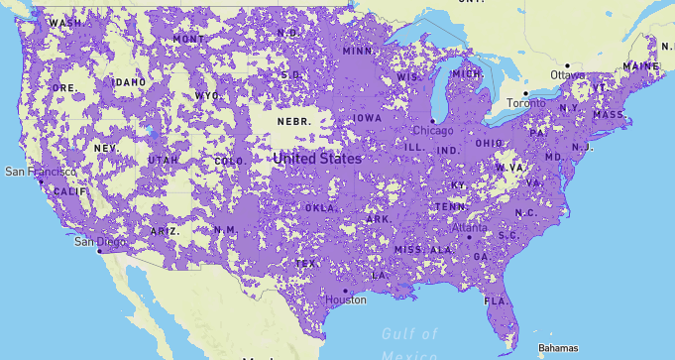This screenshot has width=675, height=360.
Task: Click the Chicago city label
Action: [433, 131]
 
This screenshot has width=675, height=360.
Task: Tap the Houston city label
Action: [346, 300]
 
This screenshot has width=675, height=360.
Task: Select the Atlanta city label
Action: [469, 227]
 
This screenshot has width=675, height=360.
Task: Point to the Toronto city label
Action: [525, 103]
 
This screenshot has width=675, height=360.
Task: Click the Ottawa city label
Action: [568, 75]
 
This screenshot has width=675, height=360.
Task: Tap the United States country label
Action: [317, 159]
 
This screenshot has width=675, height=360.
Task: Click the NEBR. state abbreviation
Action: [293, 121]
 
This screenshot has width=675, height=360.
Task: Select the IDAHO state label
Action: [130, 82]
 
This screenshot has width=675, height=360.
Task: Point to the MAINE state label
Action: [640, 66]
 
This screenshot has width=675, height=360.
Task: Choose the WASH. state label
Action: [65, 22]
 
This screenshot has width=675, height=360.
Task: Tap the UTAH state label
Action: [164, 160]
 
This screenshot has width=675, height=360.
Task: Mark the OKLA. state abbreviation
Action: [320, 208]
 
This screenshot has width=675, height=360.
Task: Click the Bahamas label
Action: [558, 348]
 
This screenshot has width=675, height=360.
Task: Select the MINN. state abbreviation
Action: [358, 51]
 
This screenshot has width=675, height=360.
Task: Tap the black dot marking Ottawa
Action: [567, 65]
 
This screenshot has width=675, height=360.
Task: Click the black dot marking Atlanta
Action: [469, 237]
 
